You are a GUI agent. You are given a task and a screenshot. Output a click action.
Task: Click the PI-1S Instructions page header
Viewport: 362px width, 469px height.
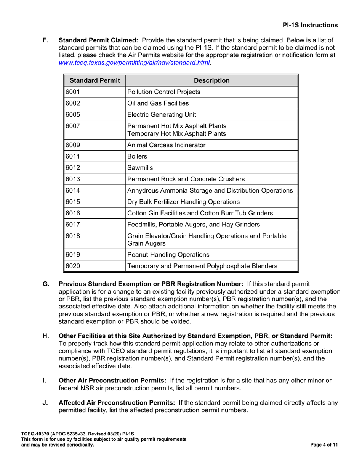[x=310, y=25]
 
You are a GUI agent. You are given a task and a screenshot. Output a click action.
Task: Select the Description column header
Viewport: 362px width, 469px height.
[x=211, y=80]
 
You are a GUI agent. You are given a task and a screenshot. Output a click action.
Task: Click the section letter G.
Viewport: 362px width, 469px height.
[x=45, y=284]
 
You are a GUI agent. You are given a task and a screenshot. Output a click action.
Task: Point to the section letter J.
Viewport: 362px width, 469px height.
[x=45, y=403]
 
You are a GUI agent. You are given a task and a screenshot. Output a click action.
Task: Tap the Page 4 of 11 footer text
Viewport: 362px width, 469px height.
[x=324, y=445]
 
